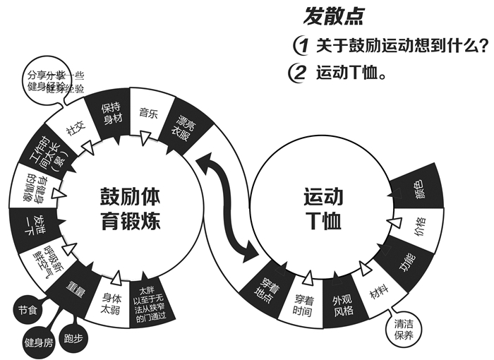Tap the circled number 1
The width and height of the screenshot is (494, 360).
302,45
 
